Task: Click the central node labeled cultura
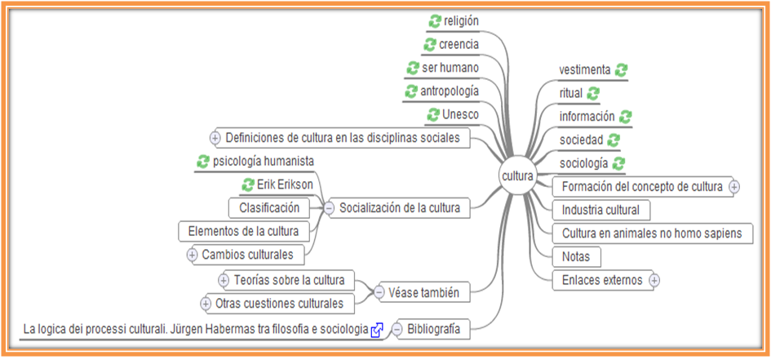pyautogui.click(x=517, y=176)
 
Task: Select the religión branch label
pyautogui.click(x=461, y=21)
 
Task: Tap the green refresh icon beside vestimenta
pyautogui.click(x=621, y=70)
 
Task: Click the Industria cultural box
pyautogui.click(x=601, y=210)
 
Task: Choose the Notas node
pyautogui.click(x=576, y=257)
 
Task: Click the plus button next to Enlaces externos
pyautogui.click(x=654, y=281)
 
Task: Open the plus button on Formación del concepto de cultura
pyautogui.click(x=733, y=187)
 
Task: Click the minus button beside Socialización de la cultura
pyautogui.click(x=329, y=208)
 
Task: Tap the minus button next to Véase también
pyautogui.click(x=379, y=291)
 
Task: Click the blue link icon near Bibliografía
pyautogui.click(x=377, y=331)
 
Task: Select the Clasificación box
pyautogui.click(x=269, y=208)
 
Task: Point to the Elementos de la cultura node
pyautogui.click(x=243, y=232)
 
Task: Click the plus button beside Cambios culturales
pyautogui.click(x=193, y=255)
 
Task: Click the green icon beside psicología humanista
pyautogui.click(x=203, y=162)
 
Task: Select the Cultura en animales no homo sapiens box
pyautogui.click(x=652, y=233)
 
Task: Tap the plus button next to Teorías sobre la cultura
pyautogui.click(x=224, y=281)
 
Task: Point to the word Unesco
pyautogui.click(x=461, y=115)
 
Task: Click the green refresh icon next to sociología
pyautogui.click(x=618, y=163)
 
